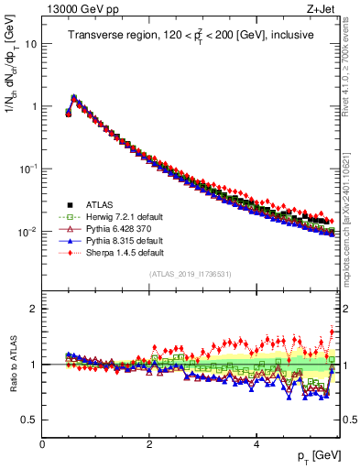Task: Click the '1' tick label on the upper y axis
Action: tap(34, 106)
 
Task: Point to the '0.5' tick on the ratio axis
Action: tap(29, 420)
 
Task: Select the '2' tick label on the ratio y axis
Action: tap(34, 309)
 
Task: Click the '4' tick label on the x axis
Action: tap(256, 443)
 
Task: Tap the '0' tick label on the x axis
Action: tap(42, 443)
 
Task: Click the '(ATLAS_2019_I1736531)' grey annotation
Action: tap(191, 275)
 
